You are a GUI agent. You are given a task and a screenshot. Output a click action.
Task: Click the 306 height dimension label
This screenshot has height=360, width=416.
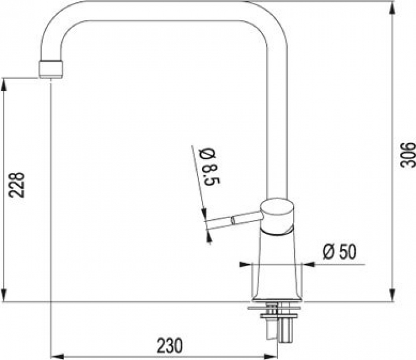[x=407, y=155]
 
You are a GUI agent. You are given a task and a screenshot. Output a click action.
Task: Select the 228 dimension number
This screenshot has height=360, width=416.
[x=17, y=185]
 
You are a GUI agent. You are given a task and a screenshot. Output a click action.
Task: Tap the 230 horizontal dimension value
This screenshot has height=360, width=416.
[x=169, y=345]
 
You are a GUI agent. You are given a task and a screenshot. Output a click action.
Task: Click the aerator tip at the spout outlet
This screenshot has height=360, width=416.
[x=51, y=70]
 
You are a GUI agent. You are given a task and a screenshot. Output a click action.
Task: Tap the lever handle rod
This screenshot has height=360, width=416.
[x=233, y=220]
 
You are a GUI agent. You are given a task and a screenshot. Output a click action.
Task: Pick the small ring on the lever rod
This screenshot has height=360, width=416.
[x=233, y=220]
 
